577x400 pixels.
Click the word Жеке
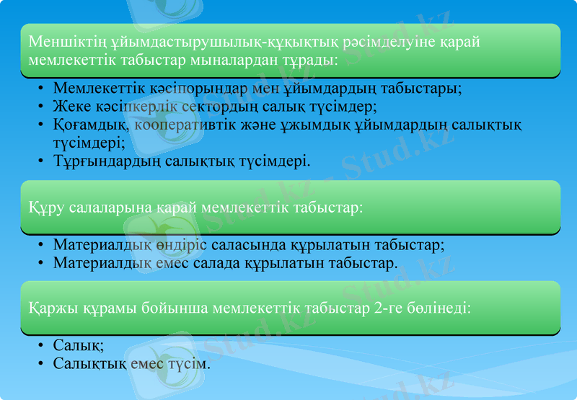[71, 106]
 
